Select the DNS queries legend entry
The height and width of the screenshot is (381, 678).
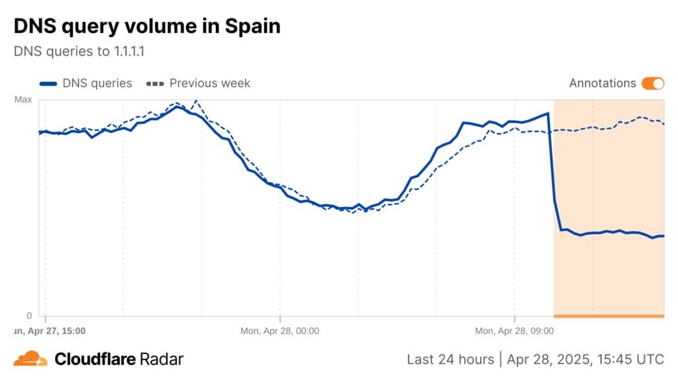coord(97,83)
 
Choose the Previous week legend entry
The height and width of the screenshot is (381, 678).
coord(210,83)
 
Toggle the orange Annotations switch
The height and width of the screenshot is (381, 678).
coord(652,83)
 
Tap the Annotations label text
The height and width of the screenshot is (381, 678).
coord(602,83)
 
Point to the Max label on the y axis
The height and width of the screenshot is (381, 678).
coord(23,100)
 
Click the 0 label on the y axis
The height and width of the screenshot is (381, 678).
coord(28,316)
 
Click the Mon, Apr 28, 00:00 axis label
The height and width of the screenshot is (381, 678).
coord(279,330)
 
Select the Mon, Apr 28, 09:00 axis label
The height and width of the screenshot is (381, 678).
coord(514,330)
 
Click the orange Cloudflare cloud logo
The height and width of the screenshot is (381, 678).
coord(30,359)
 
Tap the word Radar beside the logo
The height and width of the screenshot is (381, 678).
coord(162,359)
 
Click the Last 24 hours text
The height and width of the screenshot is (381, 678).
coord(450,359)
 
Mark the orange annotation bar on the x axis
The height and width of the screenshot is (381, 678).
coord(608,316)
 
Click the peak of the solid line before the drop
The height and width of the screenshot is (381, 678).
coord(548,114)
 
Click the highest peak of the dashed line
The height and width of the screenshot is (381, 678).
coord(195,101)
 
